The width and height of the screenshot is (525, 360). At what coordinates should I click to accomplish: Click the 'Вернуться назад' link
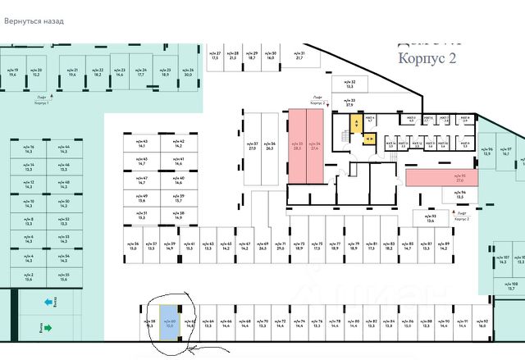click(34, 21)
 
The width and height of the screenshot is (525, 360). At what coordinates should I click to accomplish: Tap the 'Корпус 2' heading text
click(426, 58)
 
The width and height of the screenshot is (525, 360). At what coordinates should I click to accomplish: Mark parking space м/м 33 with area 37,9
click(349, 103)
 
